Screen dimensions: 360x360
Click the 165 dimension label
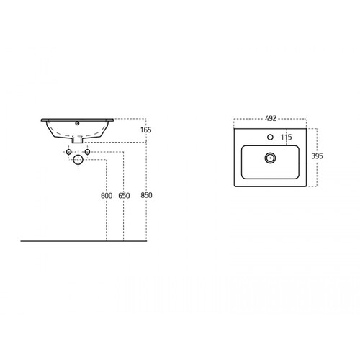146,130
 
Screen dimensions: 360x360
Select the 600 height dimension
107,196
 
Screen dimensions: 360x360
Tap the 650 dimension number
124,196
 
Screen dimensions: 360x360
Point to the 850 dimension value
146,195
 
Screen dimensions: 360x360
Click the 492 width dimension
271,118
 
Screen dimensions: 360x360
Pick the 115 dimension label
287,137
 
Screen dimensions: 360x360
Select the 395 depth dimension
317,156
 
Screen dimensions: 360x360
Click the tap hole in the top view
270,137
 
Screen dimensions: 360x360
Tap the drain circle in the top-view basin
270,158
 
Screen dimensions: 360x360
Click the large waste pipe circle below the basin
78,160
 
